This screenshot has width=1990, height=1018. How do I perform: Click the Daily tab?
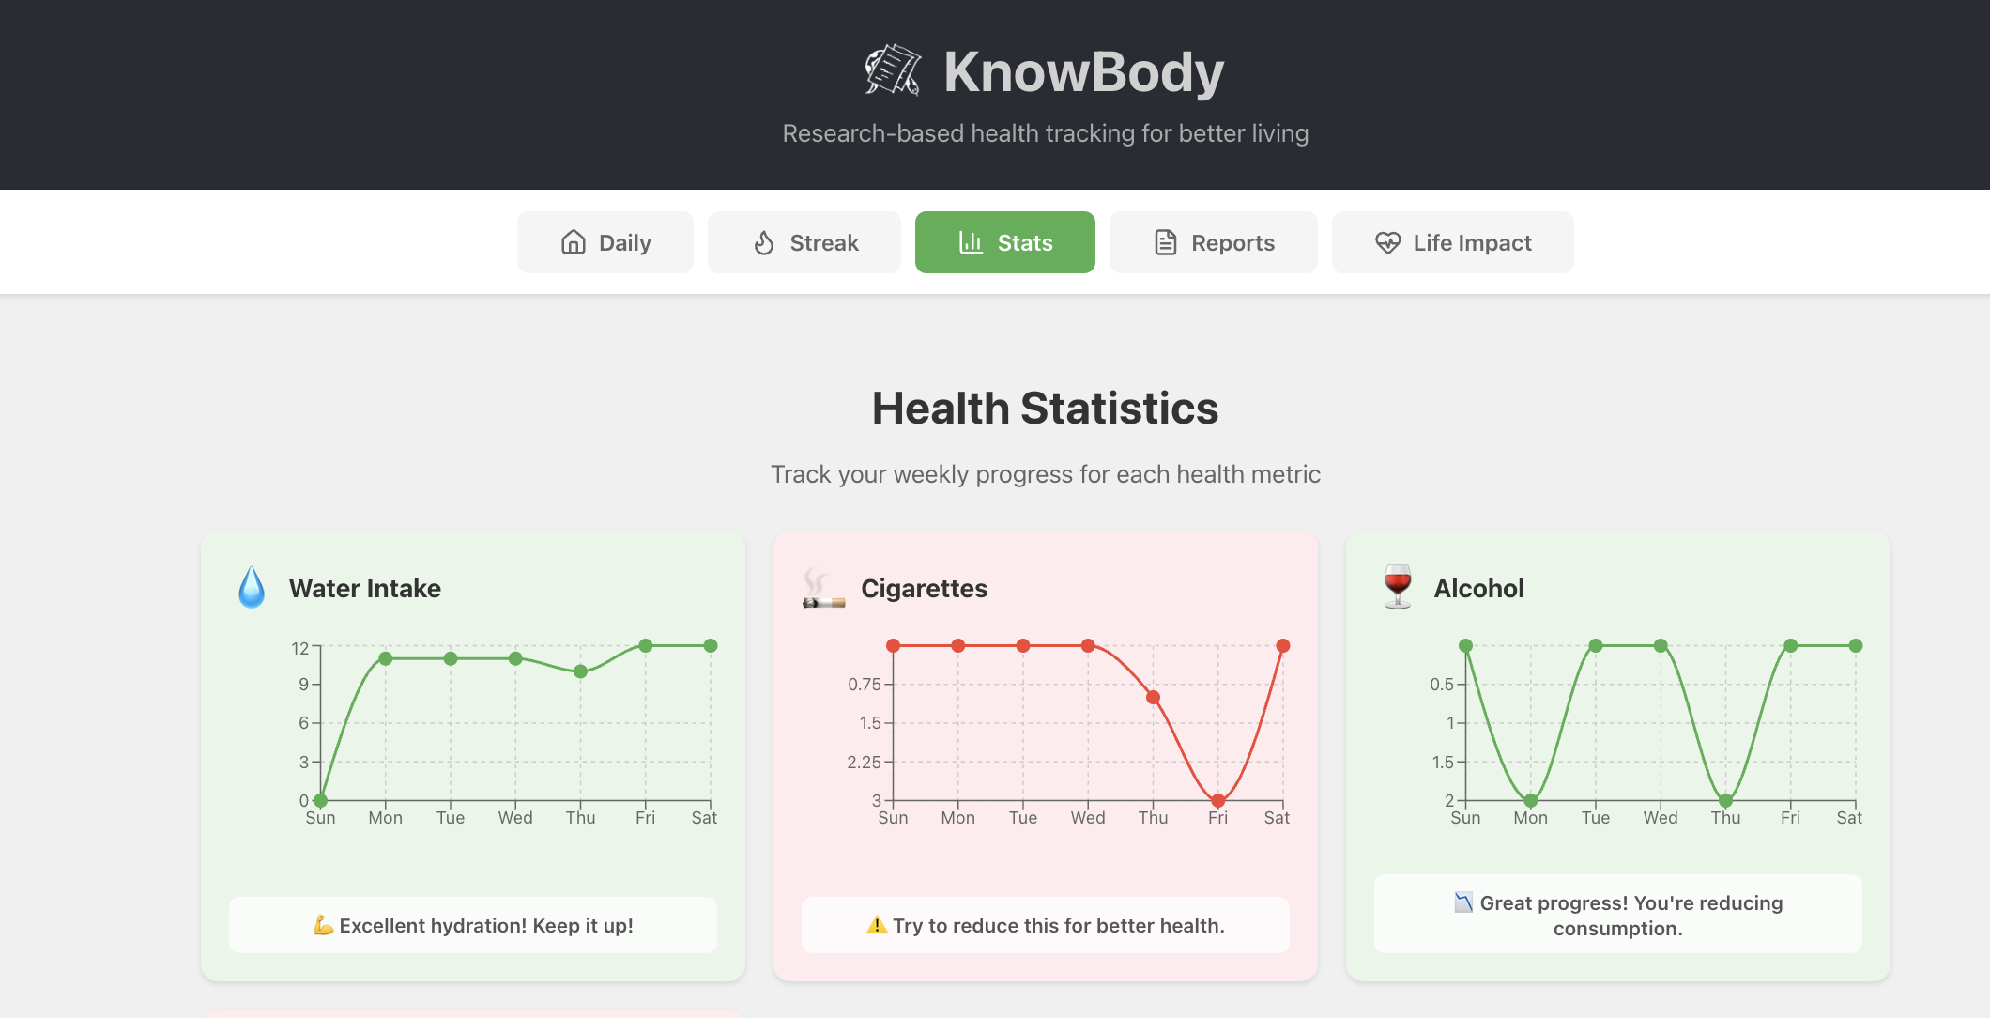point(605,243)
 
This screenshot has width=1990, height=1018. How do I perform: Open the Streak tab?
point(804,243)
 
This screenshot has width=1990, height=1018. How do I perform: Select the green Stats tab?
point(1004,243)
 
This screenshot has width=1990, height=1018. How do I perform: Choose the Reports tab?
point(1213,243)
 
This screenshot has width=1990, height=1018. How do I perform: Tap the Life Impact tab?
point(1452,243)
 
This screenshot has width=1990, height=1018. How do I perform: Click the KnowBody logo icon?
point(892,70)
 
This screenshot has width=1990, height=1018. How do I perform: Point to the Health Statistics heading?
point(1045,409)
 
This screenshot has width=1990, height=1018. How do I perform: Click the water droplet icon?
point(252,588)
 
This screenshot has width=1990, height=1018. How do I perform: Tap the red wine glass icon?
point(1398,587)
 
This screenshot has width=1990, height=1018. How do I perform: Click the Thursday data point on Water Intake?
point(580,671)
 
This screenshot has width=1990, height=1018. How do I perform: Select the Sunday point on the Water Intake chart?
point(320,801)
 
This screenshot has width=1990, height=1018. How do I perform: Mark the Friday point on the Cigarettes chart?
point(1217,801)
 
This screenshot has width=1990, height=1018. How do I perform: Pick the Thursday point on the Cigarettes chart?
point(1153,697)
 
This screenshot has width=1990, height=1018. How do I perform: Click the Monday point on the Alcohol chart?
point(1530,801)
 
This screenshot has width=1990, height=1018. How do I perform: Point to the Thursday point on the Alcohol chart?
point(1725,801)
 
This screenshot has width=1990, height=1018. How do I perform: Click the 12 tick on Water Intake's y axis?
point(300,648)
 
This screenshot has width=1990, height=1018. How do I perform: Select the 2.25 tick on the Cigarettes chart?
point(864,762)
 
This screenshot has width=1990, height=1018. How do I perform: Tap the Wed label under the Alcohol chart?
point(1660,818)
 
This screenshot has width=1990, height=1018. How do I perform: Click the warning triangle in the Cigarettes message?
point(877,925)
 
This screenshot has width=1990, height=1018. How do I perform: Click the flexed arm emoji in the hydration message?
point(324,925)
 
